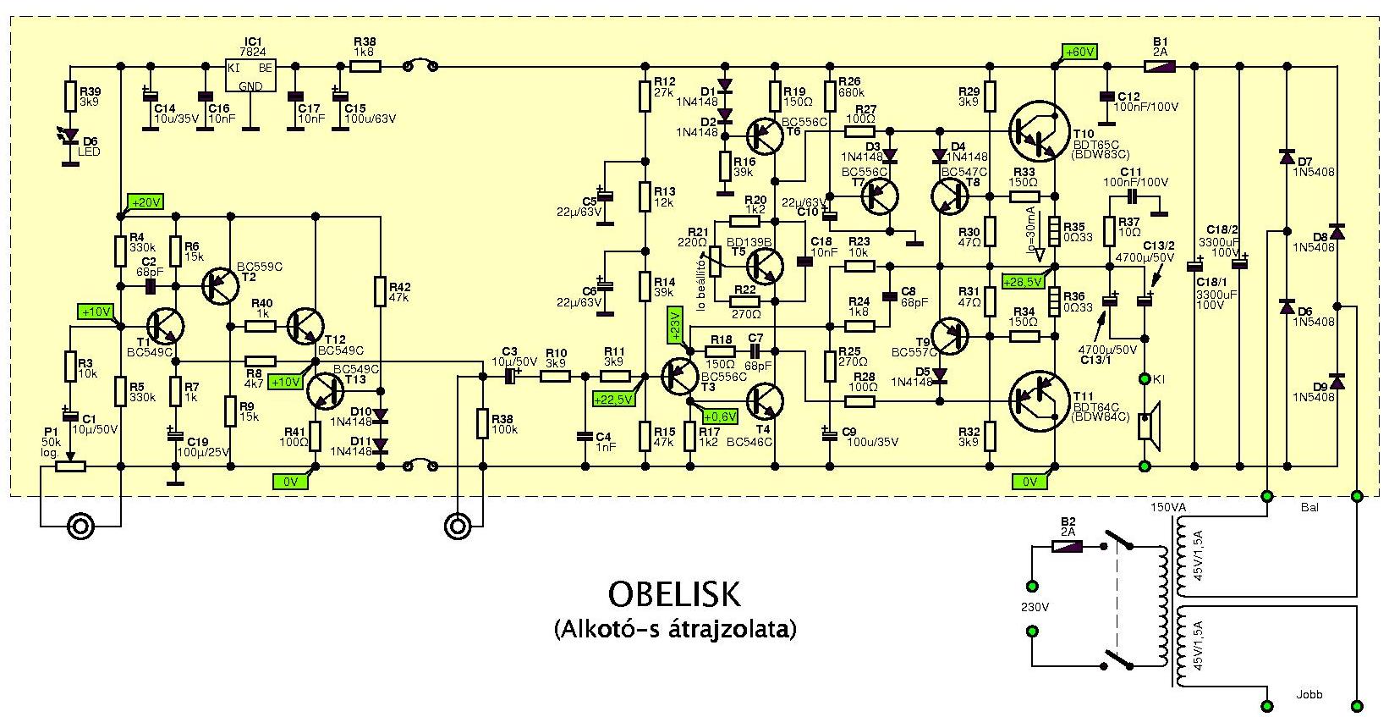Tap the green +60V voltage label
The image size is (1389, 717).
pos(1079,52)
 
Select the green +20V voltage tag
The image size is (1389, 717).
pos(145,202)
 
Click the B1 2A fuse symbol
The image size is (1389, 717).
pos(1160,65)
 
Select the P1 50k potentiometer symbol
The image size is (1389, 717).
pos(74,465)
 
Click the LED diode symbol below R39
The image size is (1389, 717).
pos(70,135)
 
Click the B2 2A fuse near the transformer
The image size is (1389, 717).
pos(1068,547)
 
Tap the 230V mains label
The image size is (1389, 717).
pos(1035,608)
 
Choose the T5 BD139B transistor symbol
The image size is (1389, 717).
pos(765,266)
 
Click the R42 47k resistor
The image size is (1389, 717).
pos(380,290)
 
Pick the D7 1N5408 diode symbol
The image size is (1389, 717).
pos(1287,157)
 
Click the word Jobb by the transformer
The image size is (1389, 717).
pos(1308,694)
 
